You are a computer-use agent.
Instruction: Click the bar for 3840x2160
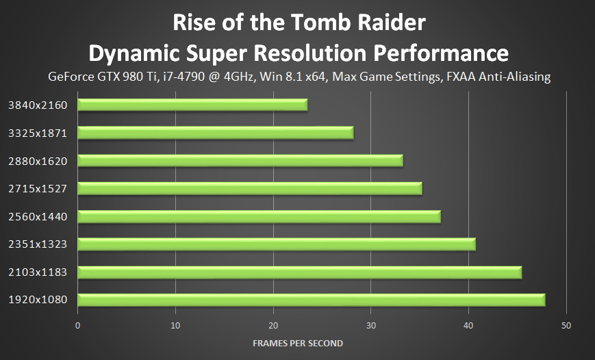coord(192,105)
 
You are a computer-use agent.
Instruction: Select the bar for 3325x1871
coord(216,133)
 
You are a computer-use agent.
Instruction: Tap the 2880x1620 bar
coord(240,161)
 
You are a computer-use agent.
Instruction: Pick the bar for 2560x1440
coord(259,217)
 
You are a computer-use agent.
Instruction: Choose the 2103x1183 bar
coord(299,272)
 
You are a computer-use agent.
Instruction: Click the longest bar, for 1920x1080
coord(311,300)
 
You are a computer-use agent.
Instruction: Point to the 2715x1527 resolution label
coord(38,188)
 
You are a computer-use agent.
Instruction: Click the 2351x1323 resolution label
coord(38,244)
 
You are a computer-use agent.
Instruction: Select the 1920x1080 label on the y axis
coord(38,300)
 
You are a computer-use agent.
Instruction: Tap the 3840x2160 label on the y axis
coord(38,105)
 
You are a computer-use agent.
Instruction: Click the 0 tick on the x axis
coord(78,325)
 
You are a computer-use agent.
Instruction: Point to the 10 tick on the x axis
coord(175,325)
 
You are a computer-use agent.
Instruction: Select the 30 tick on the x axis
coord(370,325)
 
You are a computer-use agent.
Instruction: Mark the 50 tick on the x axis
coord(566,325)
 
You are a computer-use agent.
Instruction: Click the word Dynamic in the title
coord(136,53)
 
